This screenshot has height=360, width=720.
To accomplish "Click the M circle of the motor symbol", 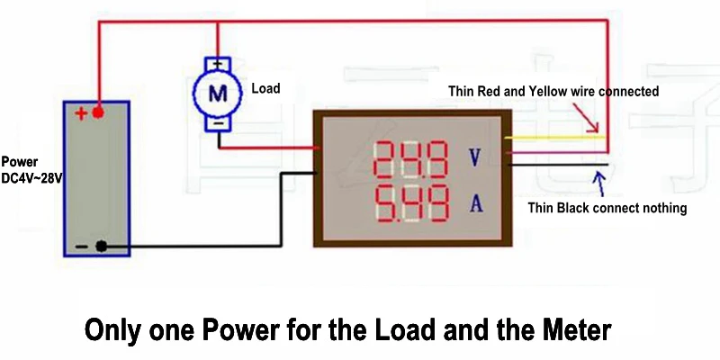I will [x=216, y=91].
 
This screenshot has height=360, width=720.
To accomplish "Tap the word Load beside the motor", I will [x=265, y=89].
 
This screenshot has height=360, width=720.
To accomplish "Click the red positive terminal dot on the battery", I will [x=98, y=112].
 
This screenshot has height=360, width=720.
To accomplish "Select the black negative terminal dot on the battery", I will [x=101, y=246].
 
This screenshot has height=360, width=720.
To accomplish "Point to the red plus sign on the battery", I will [x=81, y=113].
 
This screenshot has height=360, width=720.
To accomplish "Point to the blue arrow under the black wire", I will [x=597, y=184].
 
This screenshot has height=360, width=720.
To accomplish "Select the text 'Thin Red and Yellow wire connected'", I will [x=553, y=92].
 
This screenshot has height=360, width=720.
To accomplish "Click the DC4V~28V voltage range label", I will [x=31, y=180].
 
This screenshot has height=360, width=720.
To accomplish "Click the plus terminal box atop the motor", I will [x=216, y=64].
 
